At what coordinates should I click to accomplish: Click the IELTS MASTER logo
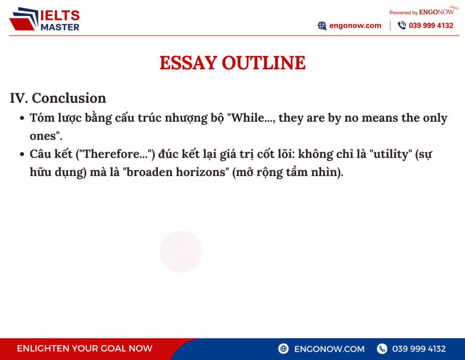tap(45, 20)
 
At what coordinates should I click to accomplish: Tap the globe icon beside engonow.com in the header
tap(322, 26)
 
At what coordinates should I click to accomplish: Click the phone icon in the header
tap(402, 26)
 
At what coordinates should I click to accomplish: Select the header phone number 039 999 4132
tap(431, 26)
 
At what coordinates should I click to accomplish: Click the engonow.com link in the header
tap(355, 26)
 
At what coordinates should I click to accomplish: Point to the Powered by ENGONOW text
tap(421, 12)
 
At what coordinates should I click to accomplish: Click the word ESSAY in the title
tap(188, 63)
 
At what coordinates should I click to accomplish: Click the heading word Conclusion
tap(69, 98)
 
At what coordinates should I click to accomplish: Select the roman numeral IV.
tap(19, 98)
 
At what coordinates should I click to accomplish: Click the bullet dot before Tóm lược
tap(22, 119)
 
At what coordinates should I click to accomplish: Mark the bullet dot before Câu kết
tap(22, 155)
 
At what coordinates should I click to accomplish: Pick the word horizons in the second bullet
tap(202, 173)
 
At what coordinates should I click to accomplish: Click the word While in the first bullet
tap(247, 118)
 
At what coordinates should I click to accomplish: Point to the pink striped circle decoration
tap(180, 251)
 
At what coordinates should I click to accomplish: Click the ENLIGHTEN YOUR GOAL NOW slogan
tap(84, 349)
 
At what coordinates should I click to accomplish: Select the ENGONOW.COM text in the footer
tap(329, 349)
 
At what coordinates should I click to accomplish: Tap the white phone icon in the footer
tap(382, 349)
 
